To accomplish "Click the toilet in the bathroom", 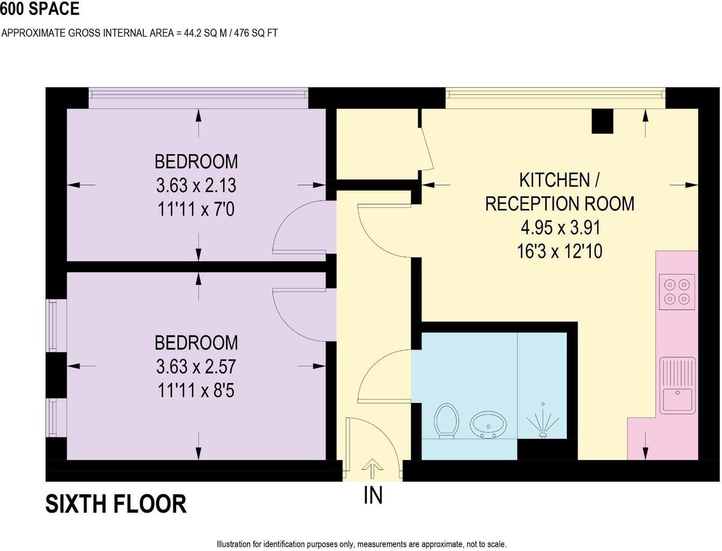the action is pyautogui.click(x=446, y=421).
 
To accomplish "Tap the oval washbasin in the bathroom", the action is pyautogui.click(x=488, y=425).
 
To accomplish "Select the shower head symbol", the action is pyautogui.click(x=543, y=423).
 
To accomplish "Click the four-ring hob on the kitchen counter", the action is pyautogui.click(x=677, y=292).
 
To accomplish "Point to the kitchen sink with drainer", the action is pyautogui.click(x=677, y=385).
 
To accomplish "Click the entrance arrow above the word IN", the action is pyautogui.click(x=372, y=468).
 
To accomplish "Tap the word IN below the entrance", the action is pyautogui.click(x=373, y=495).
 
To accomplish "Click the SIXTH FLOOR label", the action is pyautogui.click(x=116, y=504).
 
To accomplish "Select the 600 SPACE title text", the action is pyautogui.click(x=40, y=8).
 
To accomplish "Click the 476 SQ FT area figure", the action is pyautogui.click(x=256, y=33).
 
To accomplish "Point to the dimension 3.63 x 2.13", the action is pyautogui.click(x=196, y=185).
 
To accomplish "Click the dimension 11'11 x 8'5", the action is pyautogui.click(x=196, y=391).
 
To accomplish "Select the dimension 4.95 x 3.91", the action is pyautogui.click(x=560, y=228).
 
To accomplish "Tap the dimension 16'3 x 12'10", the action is pyautogui.click(x=560, y=252).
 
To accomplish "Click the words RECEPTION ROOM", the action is pyautogui.click(x=560, y=204).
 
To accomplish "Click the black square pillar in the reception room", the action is pyautogui.click(x=602, y=121).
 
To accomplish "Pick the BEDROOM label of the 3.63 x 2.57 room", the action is pyautogui.click(x=196, y=343).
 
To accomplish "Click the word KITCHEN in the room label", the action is pyautogui.click(x=555, y=180).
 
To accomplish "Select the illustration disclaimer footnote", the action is pyautogui.click(x=362, y=544).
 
